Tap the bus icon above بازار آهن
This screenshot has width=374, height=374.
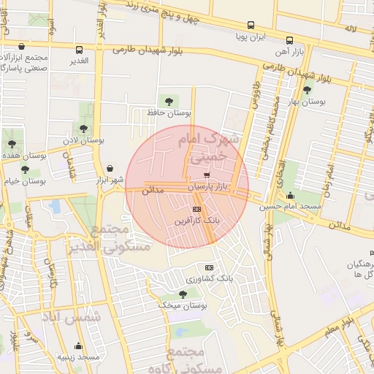click(x=289, y=41)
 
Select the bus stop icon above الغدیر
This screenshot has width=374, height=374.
click(x=79, y=50)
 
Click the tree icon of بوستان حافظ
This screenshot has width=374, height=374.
click(x=170, y=101)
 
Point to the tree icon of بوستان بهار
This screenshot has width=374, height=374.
click(x=308, y=91)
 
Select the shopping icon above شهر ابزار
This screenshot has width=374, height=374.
click(x=110, y=167)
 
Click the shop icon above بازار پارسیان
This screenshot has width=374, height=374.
click(x=207, y=175)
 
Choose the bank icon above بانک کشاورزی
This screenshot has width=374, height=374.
click(x=210, y=268)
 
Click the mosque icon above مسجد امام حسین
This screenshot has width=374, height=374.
click(x=291, y=195)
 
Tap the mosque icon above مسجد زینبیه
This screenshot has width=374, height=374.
click(x=78, y=346)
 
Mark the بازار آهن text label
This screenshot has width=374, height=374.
click(x=289, y=53)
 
